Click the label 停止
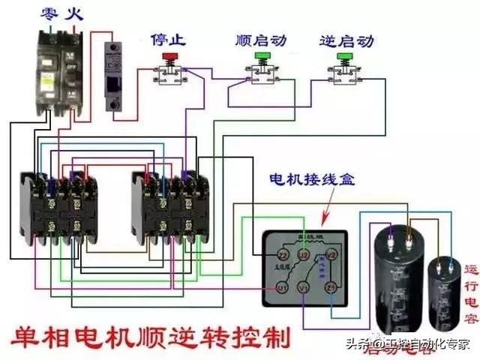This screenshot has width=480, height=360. click(x=169, y=37)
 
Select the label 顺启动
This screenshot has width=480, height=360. click(x=262, y=37)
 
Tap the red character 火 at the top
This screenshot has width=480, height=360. click(x=72, y=13)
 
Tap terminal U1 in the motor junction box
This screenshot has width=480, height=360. click(x=282, y=287)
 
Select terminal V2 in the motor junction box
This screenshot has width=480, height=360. click(x=335, y=255)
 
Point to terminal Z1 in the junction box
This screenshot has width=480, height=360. click(x=330, y=287)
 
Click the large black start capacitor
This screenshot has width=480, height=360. click(x=397, y=270)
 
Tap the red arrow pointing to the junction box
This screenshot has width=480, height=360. click(x=328, y=215)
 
